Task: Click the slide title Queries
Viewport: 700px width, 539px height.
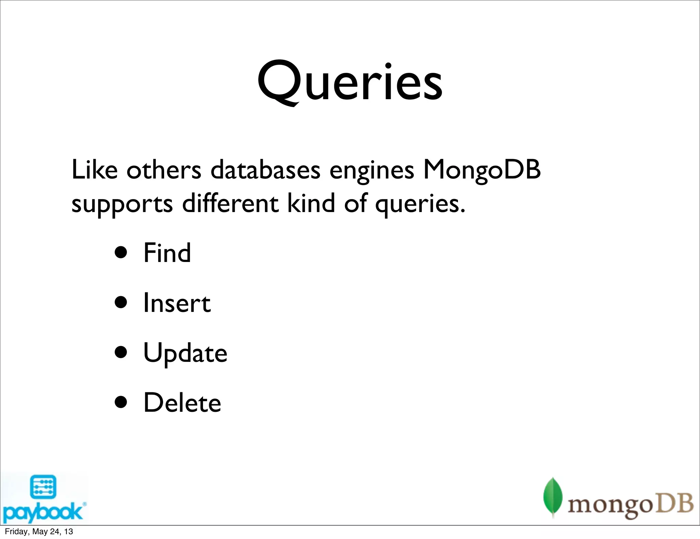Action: [x=350, y=82]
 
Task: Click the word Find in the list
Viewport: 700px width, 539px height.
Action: [x=167, y=253]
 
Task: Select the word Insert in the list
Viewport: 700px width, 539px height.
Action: [x=177, y=303]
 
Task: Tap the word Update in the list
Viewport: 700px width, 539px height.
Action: [x=185, y=353]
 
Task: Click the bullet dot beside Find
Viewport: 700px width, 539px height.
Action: [x=121, y=253]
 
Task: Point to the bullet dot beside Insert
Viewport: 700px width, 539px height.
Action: [x=121, y=303]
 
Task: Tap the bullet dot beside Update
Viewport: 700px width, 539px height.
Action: [x=121, y=352]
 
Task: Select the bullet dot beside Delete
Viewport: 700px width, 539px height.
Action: [x=121, y=402]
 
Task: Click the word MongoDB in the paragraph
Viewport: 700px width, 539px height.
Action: [x=482, y=170]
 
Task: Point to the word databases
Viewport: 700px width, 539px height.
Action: [x=265, y=170]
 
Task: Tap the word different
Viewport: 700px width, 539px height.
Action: [x=230, y=203]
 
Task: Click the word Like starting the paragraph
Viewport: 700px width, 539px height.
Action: [x=94, y=170]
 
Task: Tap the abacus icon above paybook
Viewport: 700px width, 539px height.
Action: [x=43, y=487]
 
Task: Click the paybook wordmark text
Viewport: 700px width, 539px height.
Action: [x=43, y=512]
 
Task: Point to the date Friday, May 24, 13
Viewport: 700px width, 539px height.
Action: [x=39, y=531]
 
